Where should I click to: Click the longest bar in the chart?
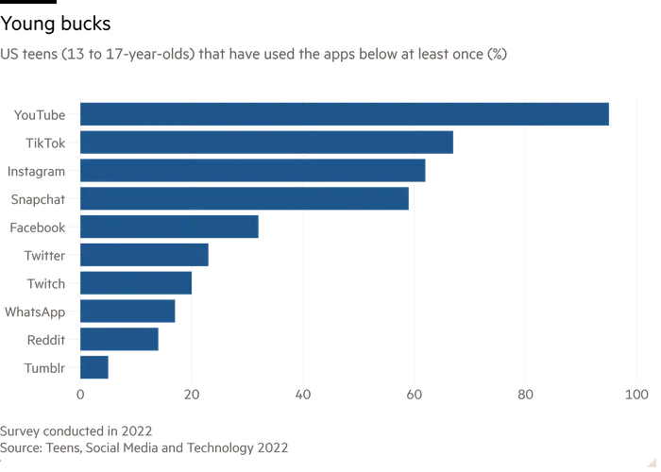click(345, 113)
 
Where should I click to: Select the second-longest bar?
click(266, 143)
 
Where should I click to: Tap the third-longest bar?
click(254, 172)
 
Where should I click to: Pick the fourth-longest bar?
click(245, 200)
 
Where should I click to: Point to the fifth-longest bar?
click(171, 228)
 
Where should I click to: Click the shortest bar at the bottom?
click(95, 368)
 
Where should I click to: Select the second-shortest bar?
click(122, 339)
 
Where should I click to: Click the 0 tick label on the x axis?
click(80, 396)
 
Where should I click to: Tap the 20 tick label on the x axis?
click(193, 396)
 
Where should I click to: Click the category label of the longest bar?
click(38, 115)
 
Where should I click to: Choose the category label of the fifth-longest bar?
click(38, 228)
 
